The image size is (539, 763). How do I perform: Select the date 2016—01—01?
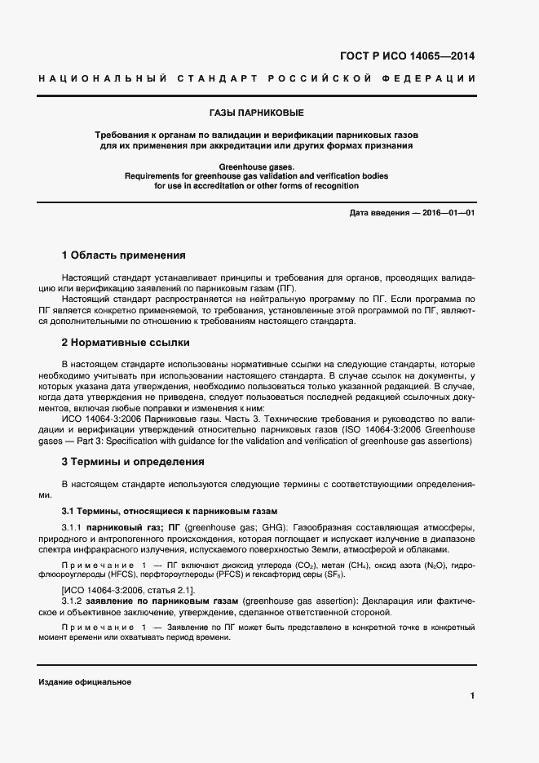[x=447, y=214]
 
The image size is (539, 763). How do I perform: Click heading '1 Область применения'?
[x=124, y=255]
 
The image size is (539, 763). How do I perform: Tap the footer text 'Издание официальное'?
[x=85, y=681]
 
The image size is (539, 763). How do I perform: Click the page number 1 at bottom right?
[x=472, y=696]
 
